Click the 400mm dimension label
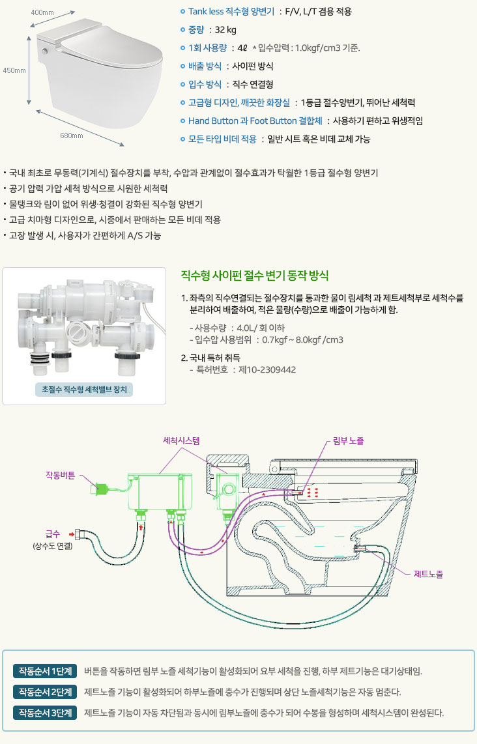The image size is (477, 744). point(42,13)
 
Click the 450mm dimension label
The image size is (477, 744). point(14,70)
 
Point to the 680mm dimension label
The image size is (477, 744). point(72,136)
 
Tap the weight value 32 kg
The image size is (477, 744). point(226,29)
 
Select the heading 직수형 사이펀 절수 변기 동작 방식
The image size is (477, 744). point(254,276)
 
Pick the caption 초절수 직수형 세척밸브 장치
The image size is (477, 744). point(83,390)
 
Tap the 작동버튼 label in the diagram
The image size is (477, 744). point(61,475)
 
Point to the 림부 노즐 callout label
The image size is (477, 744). point(348,441)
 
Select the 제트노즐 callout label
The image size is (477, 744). point(428,574)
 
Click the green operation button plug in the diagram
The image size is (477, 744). point(101,487)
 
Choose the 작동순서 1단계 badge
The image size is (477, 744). point(46,671)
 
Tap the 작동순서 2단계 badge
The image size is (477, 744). point(46,692)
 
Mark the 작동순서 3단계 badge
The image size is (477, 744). point(46,713)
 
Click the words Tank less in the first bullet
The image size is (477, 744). point(206,11)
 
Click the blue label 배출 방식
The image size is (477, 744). point(204,66)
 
